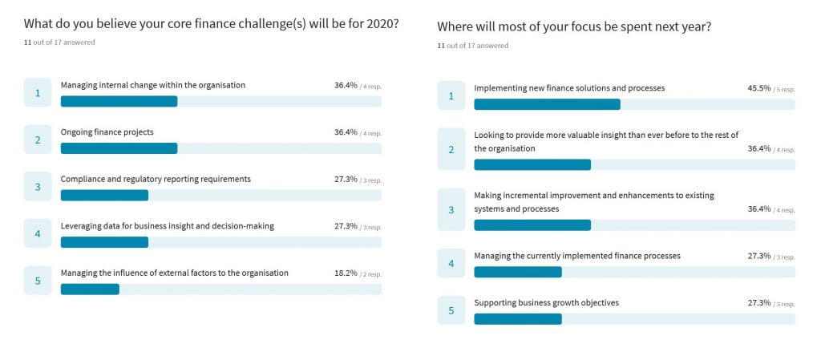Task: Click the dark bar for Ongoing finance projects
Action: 119,148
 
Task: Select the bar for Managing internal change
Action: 119,101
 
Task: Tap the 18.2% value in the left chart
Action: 346,273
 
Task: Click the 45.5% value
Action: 758,88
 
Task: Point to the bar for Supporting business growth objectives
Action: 518,319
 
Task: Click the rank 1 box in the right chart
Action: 451,96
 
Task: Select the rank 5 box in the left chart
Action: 38,281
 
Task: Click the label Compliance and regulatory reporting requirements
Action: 156,179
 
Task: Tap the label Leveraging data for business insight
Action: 168,226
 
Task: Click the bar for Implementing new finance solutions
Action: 547,104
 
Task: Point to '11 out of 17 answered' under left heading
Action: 59,42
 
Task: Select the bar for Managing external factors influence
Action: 90,289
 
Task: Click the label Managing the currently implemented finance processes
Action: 577,256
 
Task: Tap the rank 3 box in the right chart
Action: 451,210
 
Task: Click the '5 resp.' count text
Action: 784,89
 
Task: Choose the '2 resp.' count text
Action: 370,273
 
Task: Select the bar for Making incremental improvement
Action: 532,225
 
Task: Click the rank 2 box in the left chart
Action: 38,140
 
